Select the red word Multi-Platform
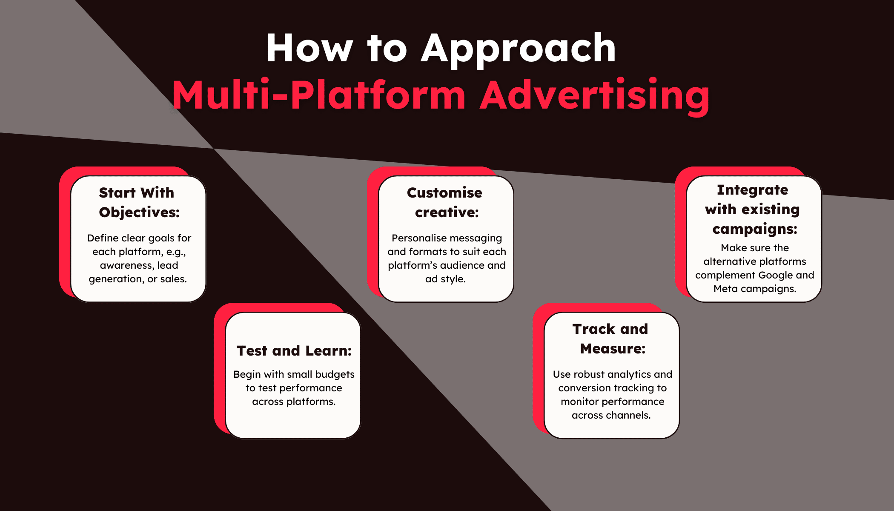coord(319,95)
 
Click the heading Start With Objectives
coord(138,202)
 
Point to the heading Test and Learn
coord(294,350)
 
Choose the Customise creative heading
coord(445,202)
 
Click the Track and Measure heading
coord(611,339)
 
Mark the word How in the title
coord(309,49)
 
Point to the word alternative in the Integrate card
coord(729,261)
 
